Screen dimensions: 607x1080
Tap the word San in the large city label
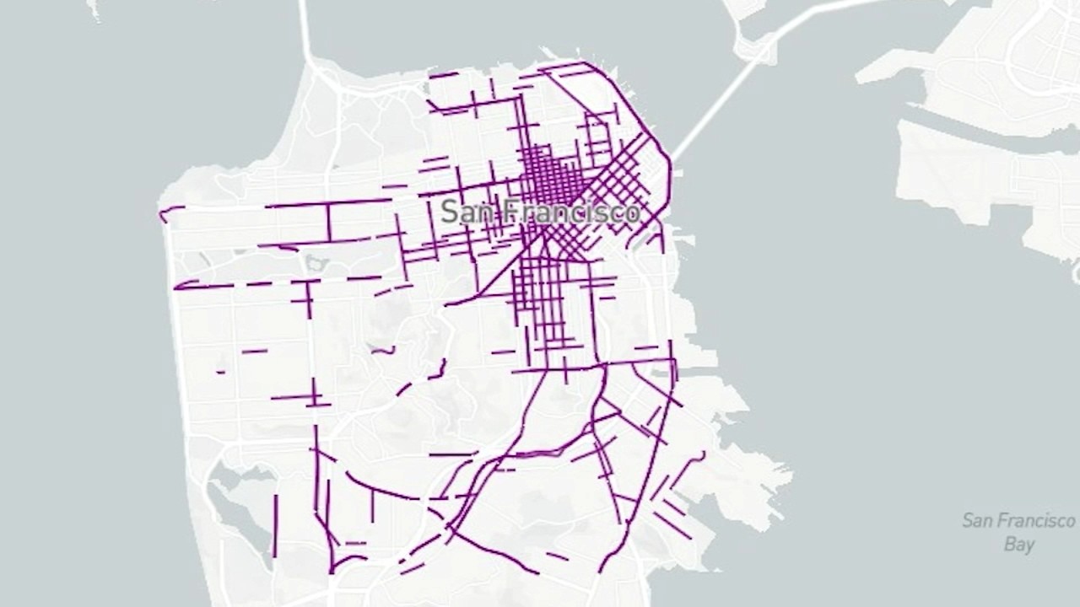[x=463, y=212]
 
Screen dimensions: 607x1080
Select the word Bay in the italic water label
[x=1018, y=544]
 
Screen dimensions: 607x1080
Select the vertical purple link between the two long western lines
[x=329, y=223]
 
